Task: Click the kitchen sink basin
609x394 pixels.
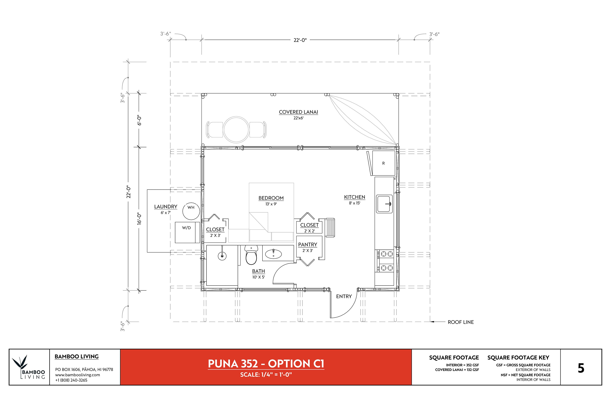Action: pos(384,204)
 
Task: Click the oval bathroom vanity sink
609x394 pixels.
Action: pos(273,254)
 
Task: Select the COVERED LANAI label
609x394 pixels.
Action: pos(298,112)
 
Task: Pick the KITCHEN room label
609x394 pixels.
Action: pos(355,197)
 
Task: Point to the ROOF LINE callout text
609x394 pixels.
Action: pos(461,322)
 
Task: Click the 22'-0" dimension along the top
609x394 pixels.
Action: pos(300,40)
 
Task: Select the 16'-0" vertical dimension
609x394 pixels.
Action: pos(139,219)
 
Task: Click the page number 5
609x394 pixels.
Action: pos(581,368)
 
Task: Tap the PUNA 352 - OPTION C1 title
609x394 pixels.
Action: pos(266,364)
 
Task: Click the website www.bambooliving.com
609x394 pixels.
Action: pos(77,375)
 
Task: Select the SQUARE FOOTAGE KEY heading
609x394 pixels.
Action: pos(518,357)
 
